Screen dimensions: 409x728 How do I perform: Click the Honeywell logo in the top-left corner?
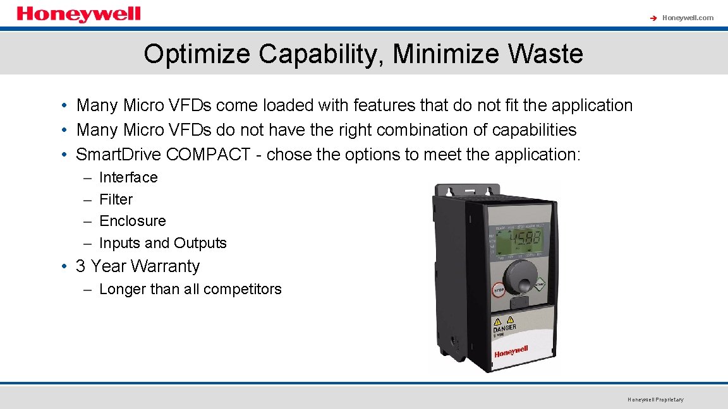(x=78, y=15)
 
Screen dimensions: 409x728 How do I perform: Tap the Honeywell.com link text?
(x=688, y=18)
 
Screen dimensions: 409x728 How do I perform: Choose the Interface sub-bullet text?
(x=128, y=177)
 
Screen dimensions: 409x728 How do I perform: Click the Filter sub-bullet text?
(x=116, y=199)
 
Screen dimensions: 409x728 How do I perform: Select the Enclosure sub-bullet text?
(x=133, y=221)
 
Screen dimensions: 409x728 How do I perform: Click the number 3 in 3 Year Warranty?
(x=81, y=266)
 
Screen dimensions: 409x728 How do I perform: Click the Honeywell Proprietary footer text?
(x=655, y=400)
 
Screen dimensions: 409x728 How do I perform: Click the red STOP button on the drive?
(x=498, y=290)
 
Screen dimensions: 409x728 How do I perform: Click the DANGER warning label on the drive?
(x=505, y=328)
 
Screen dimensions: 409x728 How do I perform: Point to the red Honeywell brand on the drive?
(x=511, y=351)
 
